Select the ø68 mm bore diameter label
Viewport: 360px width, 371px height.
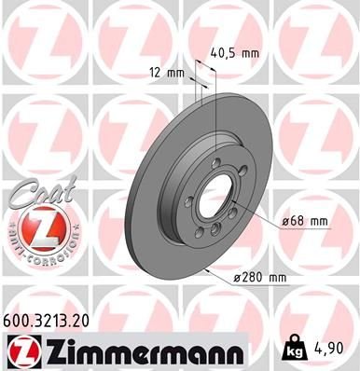(306, 221)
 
